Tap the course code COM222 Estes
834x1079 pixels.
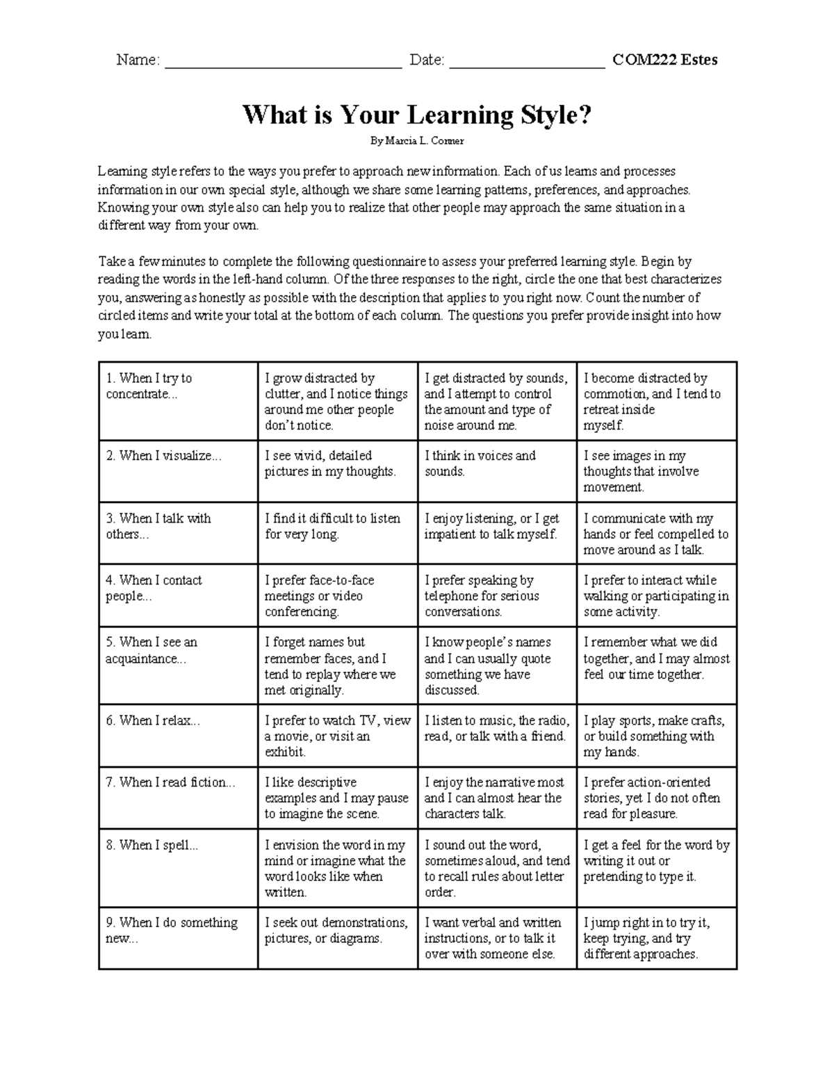click(664, 60)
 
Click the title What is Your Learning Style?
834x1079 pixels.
click(416, 115)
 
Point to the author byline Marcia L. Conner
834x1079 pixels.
click(416, 141)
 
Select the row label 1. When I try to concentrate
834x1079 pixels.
click(149, 386)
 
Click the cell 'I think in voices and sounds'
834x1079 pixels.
click(480, 463)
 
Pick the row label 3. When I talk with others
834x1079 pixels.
click(158, 526)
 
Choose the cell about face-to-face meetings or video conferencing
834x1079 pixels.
click(319, 596)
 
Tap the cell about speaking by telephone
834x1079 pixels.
click(481, 596)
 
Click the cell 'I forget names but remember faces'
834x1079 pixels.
click(329, 666)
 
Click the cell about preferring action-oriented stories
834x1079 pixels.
click(651, 798)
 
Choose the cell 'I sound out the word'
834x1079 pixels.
click(496, 868)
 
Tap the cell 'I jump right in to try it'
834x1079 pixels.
click(646, 939)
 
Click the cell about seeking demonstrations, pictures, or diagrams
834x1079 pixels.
click(336, 931)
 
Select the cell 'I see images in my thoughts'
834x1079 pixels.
click(641, 472)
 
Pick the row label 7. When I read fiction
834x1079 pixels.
click(170, 782)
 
